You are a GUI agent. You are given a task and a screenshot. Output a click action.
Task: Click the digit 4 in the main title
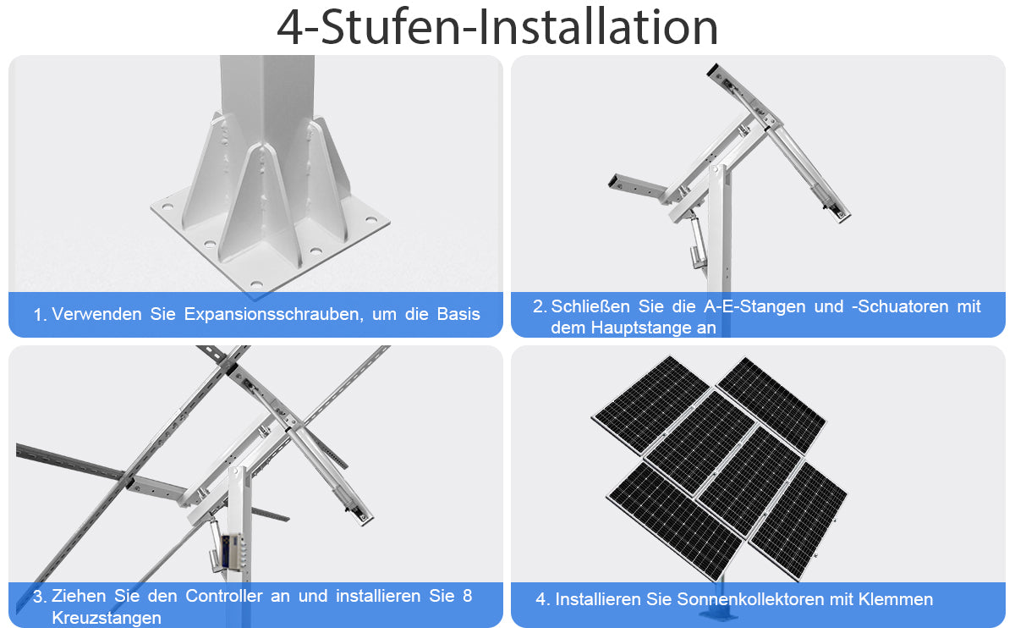click(290, 28)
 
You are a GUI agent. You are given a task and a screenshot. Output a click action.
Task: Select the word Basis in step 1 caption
click(458, 314)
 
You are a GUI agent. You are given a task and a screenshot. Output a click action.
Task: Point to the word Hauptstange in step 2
click(641, 328)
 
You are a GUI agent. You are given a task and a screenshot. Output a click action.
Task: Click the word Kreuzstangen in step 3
click(107, 618)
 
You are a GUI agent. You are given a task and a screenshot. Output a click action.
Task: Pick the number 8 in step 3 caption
click(467, 596)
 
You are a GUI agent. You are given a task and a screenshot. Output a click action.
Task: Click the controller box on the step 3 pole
click(231, 551)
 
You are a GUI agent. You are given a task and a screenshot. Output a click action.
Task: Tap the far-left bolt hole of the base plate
click(167, 207)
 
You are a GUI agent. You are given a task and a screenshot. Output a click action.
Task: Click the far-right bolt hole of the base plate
click(371, 220)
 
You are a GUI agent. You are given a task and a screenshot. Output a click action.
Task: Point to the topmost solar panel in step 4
click(771, 404)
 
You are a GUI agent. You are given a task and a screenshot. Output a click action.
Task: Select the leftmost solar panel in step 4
click(650, 405)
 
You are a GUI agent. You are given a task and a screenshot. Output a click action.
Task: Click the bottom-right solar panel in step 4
click(798, 521)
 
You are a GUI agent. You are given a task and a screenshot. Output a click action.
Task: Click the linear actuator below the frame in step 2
click(695, 241)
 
